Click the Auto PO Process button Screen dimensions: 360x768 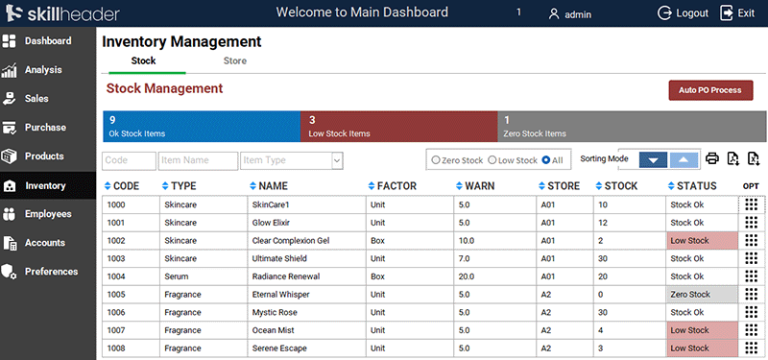(710, 90)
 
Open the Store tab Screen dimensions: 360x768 (234, 61)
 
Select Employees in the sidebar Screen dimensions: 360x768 (48, 214)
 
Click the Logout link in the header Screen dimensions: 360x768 (683, 13)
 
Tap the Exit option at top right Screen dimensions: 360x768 (736, 13)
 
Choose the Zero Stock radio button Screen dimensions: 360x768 (436, 160)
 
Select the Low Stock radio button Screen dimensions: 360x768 (492, 160)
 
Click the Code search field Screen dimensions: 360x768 (129, 160)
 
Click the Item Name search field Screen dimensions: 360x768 (198, 160)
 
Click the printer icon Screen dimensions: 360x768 (712, 159)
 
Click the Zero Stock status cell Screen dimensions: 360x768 (702, 295)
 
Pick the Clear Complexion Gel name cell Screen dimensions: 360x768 (291, 240)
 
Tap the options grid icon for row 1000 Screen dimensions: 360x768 (752, 204)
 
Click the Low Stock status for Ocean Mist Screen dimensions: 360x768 (702, 330)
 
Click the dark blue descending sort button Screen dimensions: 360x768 (653, 159)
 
